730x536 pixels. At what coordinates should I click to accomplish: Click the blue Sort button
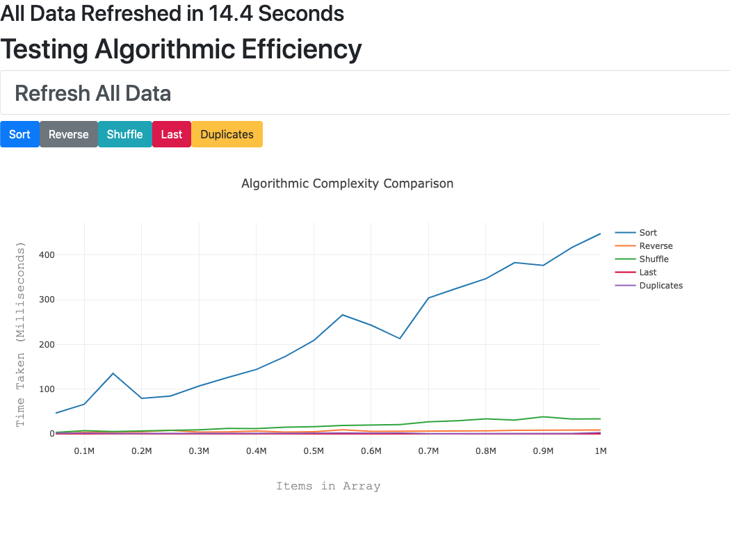19,134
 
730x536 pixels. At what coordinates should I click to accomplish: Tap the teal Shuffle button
124,134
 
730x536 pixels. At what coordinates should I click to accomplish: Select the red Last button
171,134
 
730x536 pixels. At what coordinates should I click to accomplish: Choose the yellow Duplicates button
227,134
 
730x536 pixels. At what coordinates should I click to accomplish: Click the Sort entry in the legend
647,233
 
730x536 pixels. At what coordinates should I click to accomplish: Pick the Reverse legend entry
656,246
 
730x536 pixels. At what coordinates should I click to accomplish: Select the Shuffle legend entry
654,259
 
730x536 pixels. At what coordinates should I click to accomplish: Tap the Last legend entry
647,273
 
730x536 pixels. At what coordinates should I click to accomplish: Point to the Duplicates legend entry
660,286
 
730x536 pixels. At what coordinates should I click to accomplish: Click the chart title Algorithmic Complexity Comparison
347,184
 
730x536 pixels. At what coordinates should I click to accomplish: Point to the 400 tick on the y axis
47,255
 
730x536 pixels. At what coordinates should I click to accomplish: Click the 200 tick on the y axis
47,344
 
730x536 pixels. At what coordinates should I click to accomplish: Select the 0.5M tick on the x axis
314,451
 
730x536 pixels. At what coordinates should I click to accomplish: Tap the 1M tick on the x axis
600,451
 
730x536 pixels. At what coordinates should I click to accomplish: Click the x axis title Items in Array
328,486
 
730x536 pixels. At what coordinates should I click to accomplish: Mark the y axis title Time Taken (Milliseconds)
20,334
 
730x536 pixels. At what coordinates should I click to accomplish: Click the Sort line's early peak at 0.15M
113,373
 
